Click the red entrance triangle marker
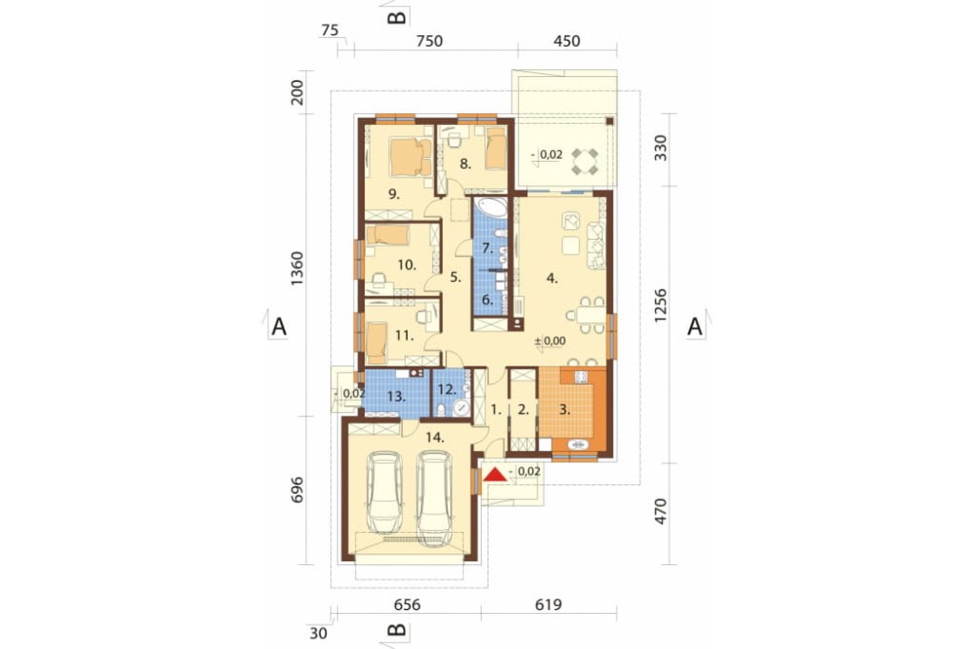pos(495,475)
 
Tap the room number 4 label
pos(552,278)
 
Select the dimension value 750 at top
pos(429,41)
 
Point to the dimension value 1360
pos(297,269)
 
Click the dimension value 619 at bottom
pos(548,604)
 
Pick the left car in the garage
pos(384,492)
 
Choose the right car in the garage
pos(434,497)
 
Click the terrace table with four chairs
pos(584,161)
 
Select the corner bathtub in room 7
pos(492,209)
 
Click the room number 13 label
pos(397,396)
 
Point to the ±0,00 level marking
pos(550,341)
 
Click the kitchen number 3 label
pos(565,409)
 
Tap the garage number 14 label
pos(435,438)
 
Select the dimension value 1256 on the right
pos(660,305)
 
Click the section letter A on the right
pos(694,325)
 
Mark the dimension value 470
pos(660,511)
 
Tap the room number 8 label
pos(466,164)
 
